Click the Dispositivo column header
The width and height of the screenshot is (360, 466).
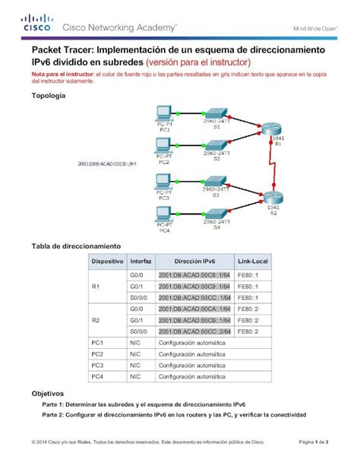(107, 261)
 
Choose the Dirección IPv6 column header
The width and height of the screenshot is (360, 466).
(194, 261)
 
